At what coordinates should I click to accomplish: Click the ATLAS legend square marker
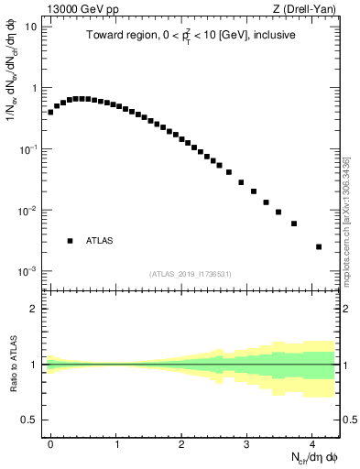70,241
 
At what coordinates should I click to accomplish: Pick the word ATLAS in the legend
100,241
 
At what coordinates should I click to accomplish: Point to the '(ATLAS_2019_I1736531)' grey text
191,274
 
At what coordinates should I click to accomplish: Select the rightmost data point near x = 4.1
319,246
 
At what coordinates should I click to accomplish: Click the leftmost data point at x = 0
50,112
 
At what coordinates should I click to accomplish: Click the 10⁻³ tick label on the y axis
27,272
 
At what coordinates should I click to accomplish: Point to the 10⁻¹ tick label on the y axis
27,149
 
